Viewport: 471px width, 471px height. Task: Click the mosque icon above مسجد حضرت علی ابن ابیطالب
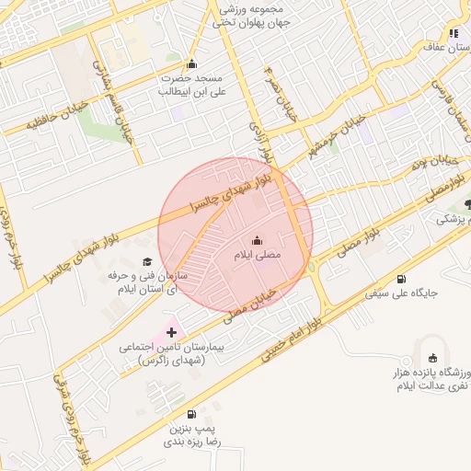coord(191,64)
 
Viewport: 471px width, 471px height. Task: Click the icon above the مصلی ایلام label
coord(256,237)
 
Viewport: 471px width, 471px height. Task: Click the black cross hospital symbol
coord(171,331)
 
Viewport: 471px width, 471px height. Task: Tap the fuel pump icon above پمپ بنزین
coord(190,414)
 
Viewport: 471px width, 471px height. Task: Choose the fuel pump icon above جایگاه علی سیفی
coord(400,279)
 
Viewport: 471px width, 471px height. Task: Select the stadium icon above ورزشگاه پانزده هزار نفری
coord(433,357)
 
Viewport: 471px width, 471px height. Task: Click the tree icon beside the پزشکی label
coord(468,204)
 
